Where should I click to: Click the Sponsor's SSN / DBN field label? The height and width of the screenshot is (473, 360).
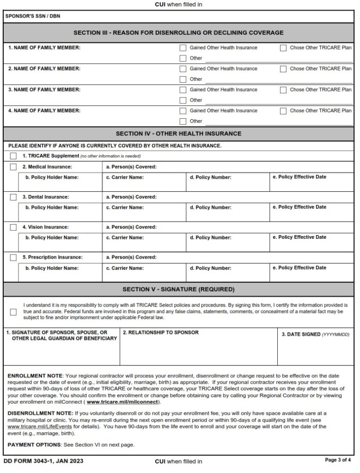(x=32, y=16)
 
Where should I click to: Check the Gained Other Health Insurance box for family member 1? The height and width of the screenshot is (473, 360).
(x=183, y=48)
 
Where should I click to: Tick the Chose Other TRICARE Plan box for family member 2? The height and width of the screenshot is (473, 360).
(x=283, y=69)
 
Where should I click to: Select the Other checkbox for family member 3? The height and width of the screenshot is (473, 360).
(x=183, y=100)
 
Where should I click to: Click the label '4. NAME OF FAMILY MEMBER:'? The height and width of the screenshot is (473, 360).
(x=44, y=111)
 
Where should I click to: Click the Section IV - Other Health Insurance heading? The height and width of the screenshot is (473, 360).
(x=178, y=133)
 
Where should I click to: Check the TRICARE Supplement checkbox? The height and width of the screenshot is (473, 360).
(x=13, y=156)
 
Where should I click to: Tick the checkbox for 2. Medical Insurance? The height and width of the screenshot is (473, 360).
(x=13, y=167)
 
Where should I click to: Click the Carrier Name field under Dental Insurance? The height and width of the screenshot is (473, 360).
(x=144, y=213)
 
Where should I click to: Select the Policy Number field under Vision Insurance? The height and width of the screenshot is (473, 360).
(x=227, y=243)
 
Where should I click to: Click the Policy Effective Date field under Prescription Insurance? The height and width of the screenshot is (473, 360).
(x=311, y=274)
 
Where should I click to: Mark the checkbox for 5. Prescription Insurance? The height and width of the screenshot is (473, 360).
(x=13, y=257)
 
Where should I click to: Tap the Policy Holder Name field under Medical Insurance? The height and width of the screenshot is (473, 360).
(x=60, y=183)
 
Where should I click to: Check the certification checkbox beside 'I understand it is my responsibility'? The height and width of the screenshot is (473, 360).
(x=13, y=312)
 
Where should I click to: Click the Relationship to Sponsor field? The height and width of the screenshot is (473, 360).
(x=198, y=350)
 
